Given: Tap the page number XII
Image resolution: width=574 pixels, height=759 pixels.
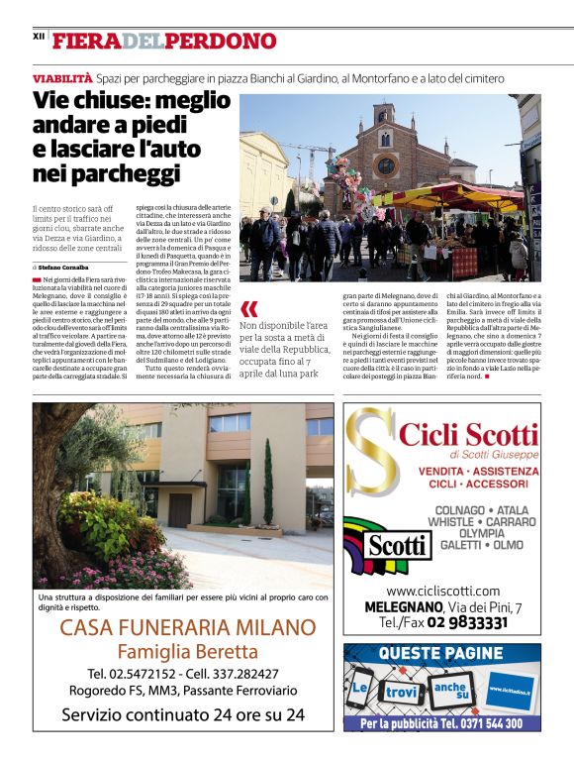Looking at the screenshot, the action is [39, 37].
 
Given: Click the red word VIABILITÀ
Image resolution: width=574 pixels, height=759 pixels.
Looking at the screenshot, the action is [62, 77].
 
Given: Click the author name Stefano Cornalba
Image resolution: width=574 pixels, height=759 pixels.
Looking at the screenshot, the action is [64, 268].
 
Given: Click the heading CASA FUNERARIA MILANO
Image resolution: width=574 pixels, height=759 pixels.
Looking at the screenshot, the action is [188, 627].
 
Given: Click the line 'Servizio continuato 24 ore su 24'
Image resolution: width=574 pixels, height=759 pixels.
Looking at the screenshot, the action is [183, 713].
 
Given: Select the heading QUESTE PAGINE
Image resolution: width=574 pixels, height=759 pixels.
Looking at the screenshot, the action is [441, 653].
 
